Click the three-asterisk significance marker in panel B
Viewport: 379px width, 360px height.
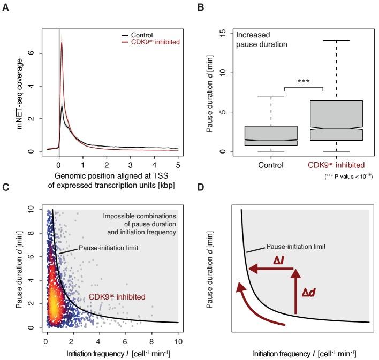point(304,81)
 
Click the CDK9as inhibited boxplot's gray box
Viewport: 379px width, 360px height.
point(336,120)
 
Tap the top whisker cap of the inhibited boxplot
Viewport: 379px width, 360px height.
point(336,40)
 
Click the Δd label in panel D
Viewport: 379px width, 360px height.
point(310,294)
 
